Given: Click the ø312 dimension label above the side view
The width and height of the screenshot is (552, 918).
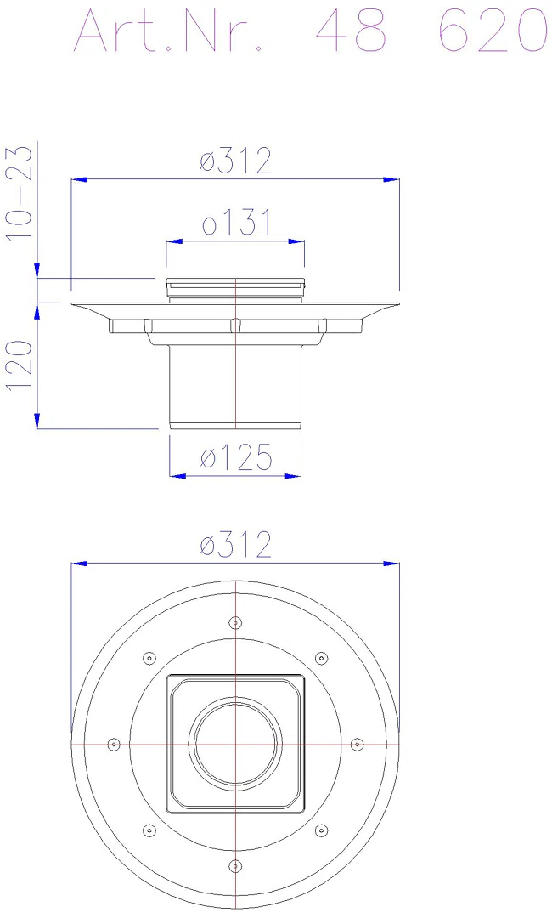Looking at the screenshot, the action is [235, 161].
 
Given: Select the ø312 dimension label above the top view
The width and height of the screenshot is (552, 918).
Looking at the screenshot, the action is [235, 545].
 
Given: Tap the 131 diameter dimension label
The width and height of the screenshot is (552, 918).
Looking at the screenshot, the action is [236, 223].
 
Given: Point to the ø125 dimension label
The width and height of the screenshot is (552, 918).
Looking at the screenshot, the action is [236, 457].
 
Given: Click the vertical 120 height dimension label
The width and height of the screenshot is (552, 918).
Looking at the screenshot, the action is [21, 365].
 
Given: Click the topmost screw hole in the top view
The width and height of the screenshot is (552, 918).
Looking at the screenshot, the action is [235, 622].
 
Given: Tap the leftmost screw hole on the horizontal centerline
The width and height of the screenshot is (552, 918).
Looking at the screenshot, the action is [114, 744].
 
